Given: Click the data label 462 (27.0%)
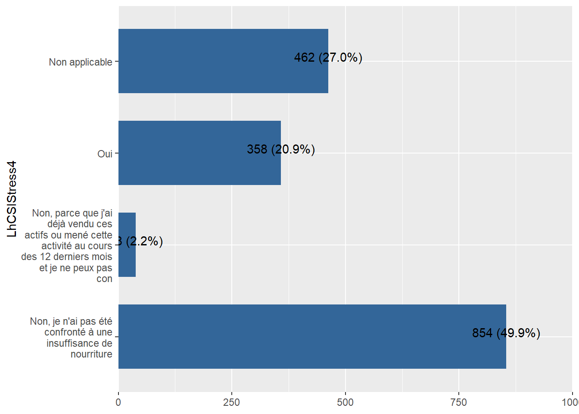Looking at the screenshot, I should click(x=328, y=57).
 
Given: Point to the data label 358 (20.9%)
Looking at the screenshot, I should click(x=280, y=149).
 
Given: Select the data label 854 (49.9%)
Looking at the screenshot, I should click(x=506, y=333).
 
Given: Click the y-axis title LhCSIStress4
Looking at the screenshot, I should click(x=12, y=199).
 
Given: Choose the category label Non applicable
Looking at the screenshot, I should click(x=81, y=62).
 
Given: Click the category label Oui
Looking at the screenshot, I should click(x=105, y=154).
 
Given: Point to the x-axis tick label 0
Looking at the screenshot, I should click(x=118, y=402).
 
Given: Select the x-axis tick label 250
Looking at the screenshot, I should click(x=231, y=402).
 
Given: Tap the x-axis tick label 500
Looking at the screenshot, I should click(x=345, y=402).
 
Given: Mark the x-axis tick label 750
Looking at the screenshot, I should click(x=458, y=402).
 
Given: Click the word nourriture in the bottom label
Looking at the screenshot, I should click(x=91, y=354).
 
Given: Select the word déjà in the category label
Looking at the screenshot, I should click(x=56, y=224).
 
